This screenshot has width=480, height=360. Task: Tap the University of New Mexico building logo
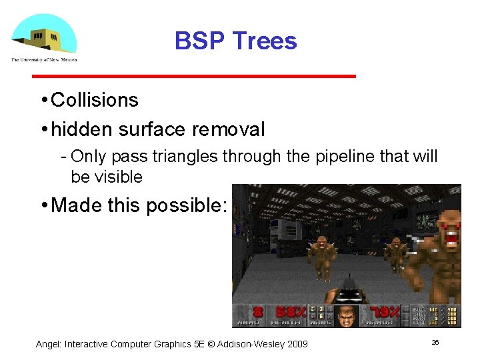[x=44, y=33]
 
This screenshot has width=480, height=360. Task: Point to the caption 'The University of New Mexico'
[x=44, y=59]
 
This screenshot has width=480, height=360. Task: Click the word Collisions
[x=95, y=100]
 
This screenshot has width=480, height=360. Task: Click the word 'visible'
[x=117, y=177]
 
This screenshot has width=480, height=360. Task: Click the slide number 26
[x=435, y=342]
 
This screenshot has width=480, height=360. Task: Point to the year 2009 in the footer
[x=296, y=344]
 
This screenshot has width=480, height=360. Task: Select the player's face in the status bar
[x=345, y=315]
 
